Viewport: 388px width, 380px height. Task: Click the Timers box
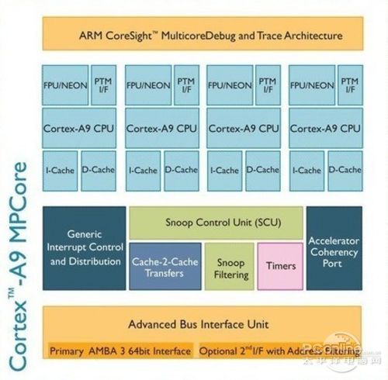pos(280,266)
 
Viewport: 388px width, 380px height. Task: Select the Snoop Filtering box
pos(230,266)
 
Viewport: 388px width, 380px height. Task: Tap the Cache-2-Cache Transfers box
pos(165,266)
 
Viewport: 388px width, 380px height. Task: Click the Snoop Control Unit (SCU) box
pos(217,223)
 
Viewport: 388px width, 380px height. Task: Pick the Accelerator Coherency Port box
pos(334,248)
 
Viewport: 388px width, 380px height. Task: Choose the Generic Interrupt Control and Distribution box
pos(85,248)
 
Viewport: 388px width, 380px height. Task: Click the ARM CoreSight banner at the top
pos(203,33)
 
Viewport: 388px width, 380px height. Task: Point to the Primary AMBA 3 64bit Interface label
pos(120,351)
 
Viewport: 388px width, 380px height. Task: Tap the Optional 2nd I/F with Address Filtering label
pos(279,351)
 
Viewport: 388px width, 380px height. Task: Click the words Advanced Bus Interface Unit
pos(199,324)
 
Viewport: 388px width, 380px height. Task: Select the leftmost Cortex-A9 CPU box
pos(79,128)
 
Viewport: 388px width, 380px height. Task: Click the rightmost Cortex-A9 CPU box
pos(326,128)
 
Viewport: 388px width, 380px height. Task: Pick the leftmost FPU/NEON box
pos(65,85)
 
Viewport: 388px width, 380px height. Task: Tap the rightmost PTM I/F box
pos(350,85)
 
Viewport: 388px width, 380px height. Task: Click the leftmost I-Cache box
pos(60,171)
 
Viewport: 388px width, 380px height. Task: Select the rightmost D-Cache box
pos(345,171)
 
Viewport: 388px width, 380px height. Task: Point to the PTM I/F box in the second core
pos(186,85)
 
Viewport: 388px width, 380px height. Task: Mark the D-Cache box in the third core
pos(263,171)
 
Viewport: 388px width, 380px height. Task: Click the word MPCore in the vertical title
pos(19,202)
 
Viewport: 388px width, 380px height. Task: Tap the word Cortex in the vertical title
pos(19,337)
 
